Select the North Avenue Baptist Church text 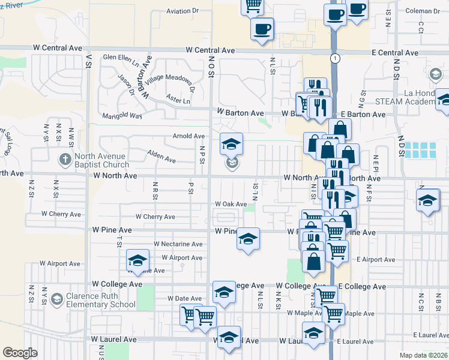click(x=101, y=160)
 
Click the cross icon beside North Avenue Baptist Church click(x=65, y=160)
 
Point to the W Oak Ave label click(x=231, y=204)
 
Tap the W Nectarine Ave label click(x=178, y=244)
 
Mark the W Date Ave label click(x=183, y=298)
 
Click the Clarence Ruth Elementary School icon click(x=56, y=299)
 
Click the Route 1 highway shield click(x=333, y=58)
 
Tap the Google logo click(x=20, y=353)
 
